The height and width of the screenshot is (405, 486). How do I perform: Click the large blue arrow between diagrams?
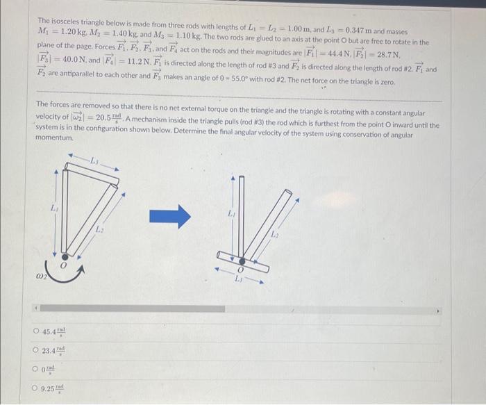tap(171, 215)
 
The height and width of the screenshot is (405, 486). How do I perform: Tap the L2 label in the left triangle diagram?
tap(99, 228)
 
